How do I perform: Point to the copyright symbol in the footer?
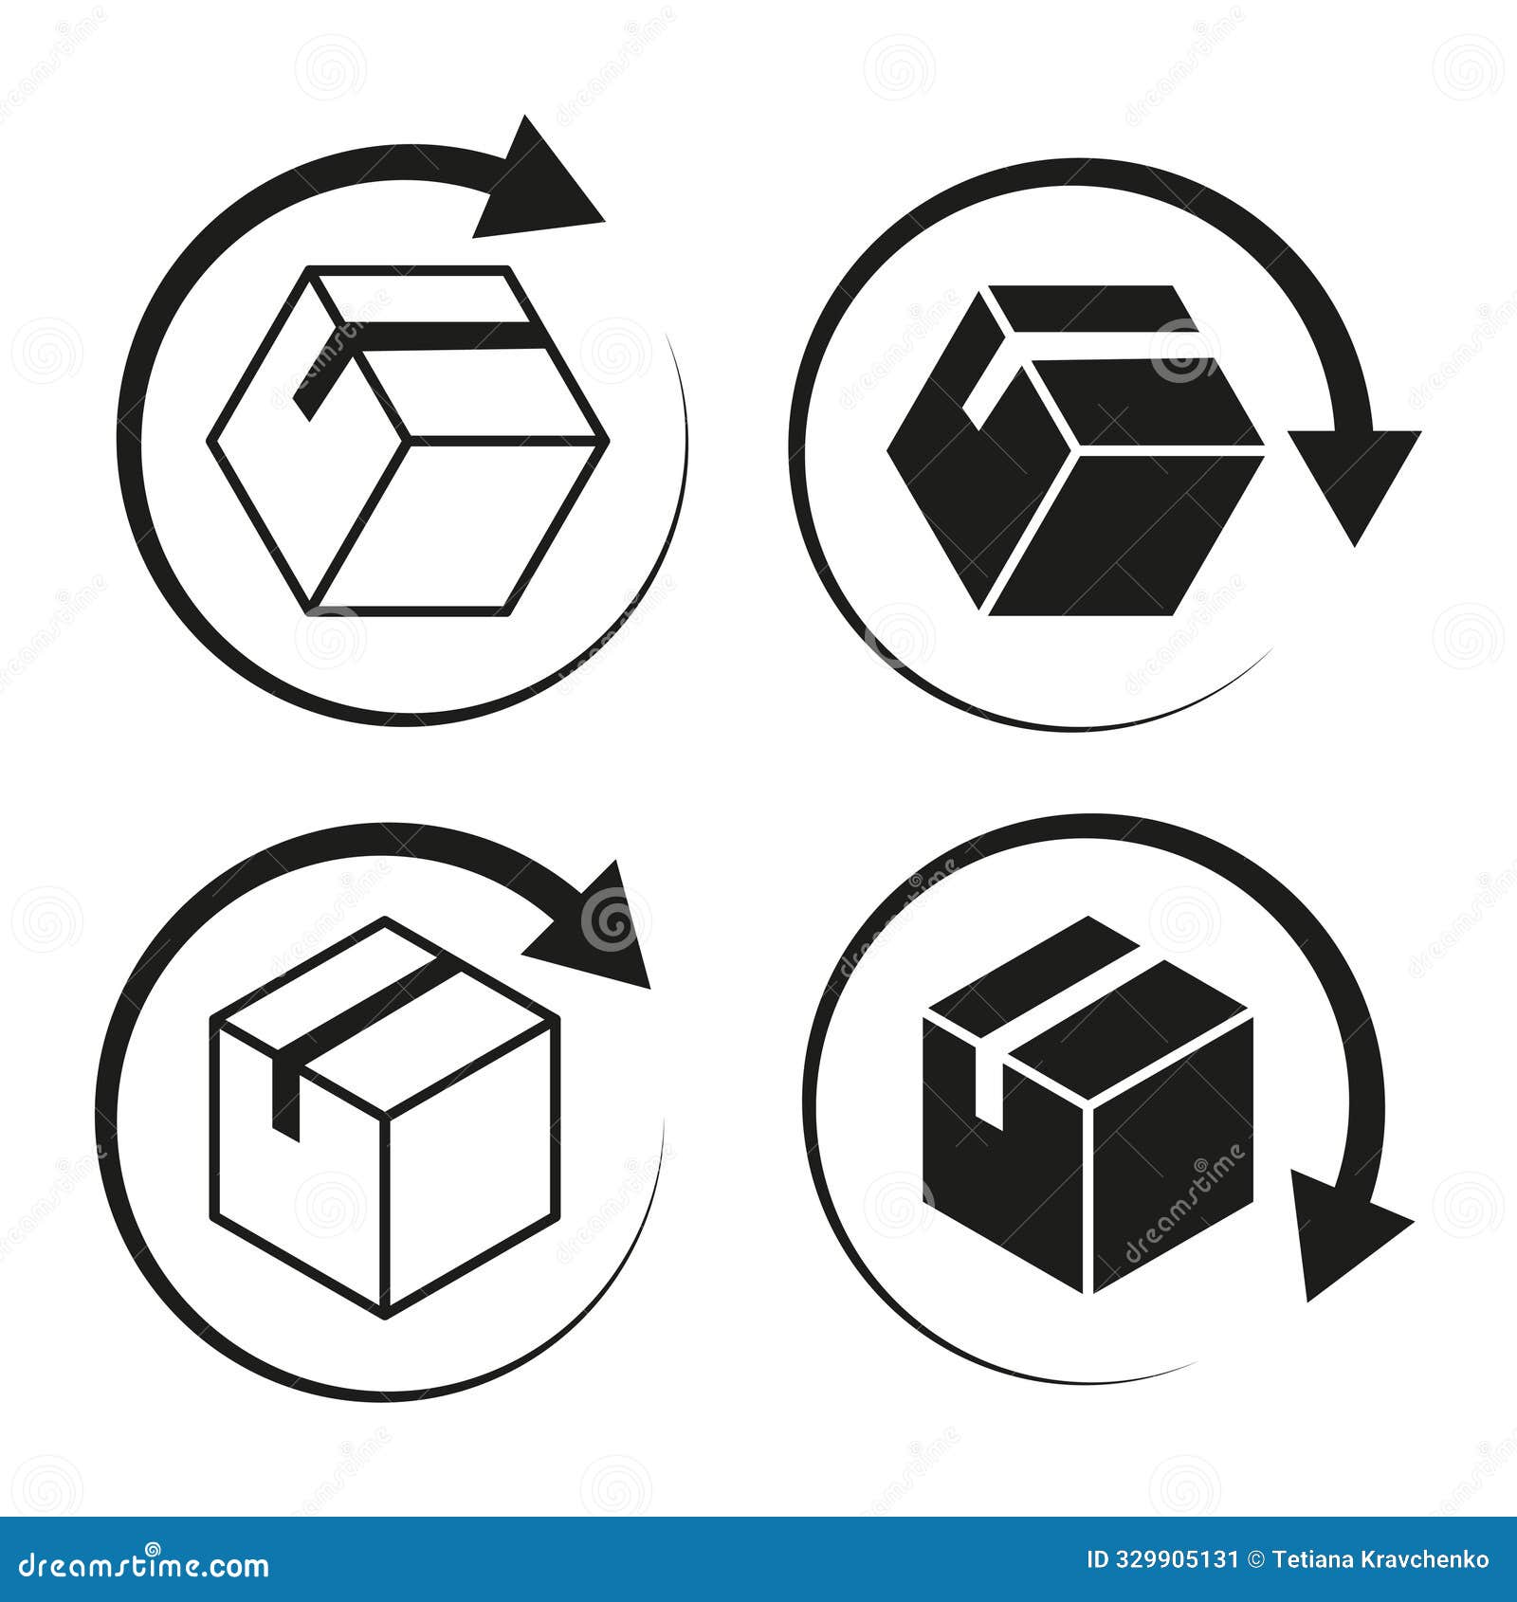[1258, 1559]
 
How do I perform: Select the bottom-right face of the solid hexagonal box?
[1124, 531]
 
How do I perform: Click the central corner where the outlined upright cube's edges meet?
[385, 1115]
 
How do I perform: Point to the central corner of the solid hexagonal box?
[1071, 450]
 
